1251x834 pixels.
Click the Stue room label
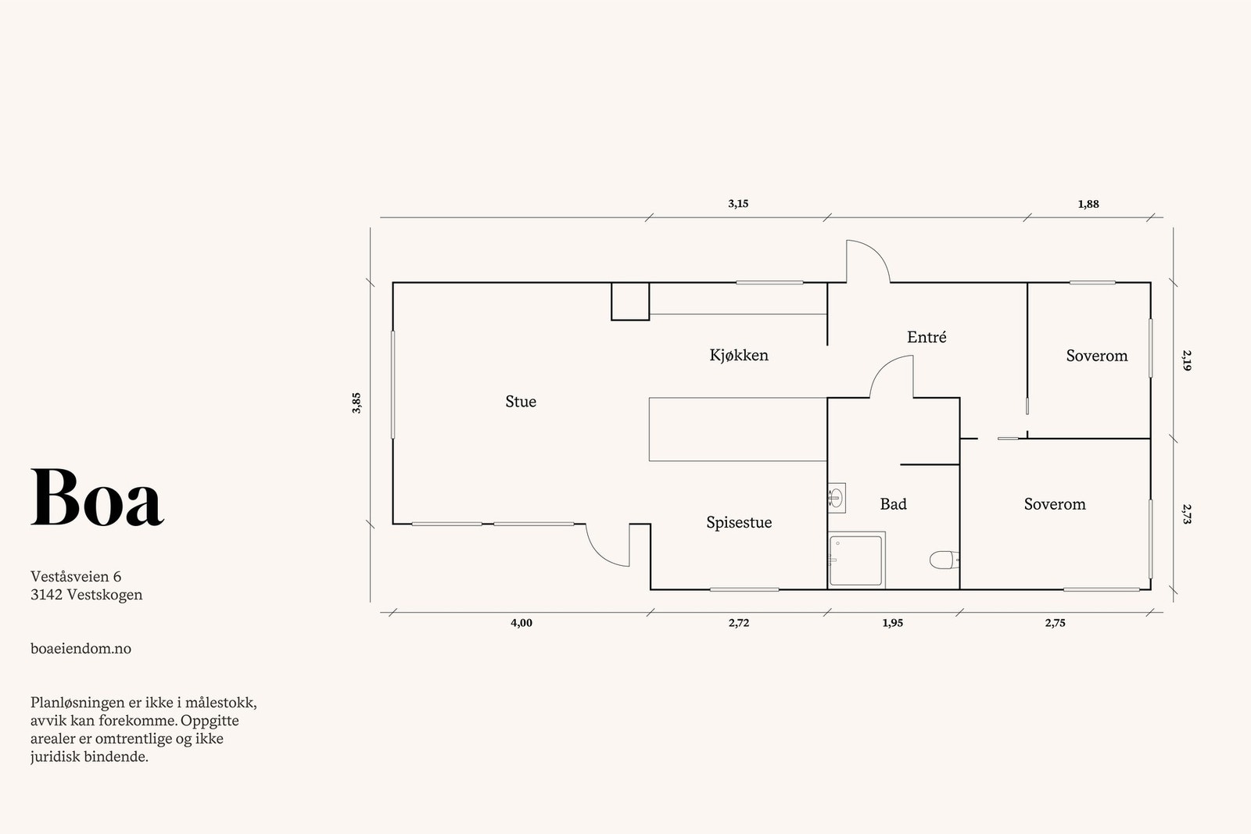pyautogui.click(x=521, y=402)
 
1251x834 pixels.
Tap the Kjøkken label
pyautogui.click(x=739, y=355)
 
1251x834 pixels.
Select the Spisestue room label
pyautogui.click(x=739, y=522)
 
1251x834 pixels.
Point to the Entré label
pyautogui.click(x=927, y=337)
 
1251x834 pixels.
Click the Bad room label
pyautogui.click(x=893, y=504)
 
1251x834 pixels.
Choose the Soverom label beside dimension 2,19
pyautogui.click(x=1097, y=356)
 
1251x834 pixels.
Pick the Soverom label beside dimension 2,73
pyautogui.click(x=1055, y=504)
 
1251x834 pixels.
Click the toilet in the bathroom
pyautogui.click(x=945, y=560)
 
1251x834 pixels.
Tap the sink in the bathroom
pyautogui.click(x=836, y=497)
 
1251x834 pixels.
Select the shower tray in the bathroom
pyautogui.click(x=855, y=560)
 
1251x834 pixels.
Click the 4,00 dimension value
pyautogui.click(x=521, y=623)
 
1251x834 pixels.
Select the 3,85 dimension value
pyautogui.click(x=357, y=403)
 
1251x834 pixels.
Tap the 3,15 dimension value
pyautogui.click(x=738, y=204)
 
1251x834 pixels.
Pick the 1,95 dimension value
pyautogui.click(x=892, y=623)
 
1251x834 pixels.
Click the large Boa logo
pyautogui.click(x=97, y=497)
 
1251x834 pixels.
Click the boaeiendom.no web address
pyautogui.click(x=81, y=649)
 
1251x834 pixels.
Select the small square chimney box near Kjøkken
pyautogui.click(x=630, y=302)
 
